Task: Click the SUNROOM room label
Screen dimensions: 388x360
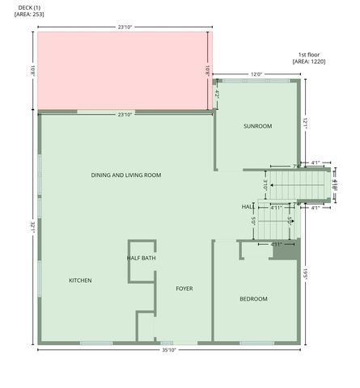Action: (257, 126)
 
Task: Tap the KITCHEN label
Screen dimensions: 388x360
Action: (79, 280)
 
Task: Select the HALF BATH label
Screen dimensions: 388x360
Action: (141, 258)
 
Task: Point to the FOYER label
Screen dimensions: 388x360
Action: (184, 288)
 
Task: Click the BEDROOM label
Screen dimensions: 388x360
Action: (253, 299)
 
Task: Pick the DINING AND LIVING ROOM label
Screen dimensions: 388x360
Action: (126, 175)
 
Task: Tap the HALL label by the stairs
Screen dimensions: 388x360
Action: (248, 208)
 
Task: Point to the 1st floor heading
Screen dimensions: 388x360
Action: (308, 54)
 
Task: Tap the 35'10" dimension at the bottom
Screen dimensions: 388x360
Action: (168, 350)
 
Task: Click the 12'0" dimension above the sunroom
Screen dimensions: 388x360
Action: (256, 74)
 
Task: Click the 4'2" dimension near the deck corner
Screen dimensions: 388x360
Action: (218, 94)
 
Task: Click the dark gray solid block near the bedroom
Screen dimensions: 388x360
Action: (284, 251)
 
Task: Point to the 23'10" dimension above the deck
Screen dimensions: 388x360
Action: (125, 27)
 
